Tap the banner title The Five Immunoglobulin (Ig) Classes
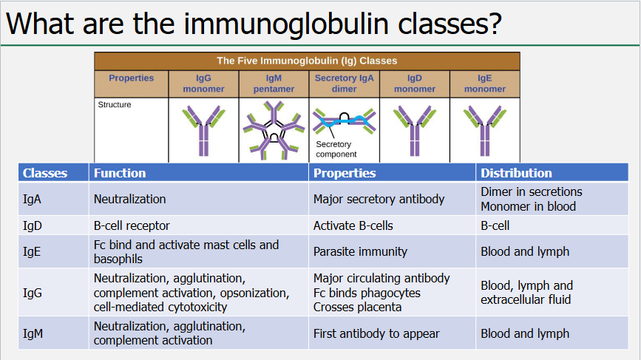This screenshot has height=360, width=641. (x=306, y=61)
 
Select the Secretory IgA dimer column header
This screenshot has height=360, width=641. (x=344, y=84)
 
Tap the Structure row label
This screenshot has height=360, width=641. (x=115, y=105)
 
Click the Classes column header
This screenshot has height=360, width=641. (x=45, y=173)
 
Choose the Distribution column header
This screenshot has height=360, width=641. (x=516, y=173)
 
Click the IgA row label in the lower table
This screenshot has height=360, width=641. (x=33, y=199)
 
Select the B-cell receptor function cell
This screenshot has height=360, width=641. (x=132, y=225)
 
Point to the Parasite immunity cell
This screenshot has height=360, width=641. (x=360, y=251)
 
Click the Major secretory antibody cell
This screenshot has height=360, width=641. (x=379, y=199)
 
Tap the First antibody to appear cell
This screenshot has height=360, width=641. (x=376, y=333)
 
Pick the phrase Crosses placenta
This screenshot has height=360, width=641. (x=357, y=307)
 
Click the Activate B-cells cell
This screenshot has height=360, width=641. (x=353, y=225)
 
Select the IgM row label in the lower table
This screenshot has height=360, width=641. (x=33, y=333)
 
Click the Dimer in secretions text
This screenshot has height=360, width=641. (x=532, y=191)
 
